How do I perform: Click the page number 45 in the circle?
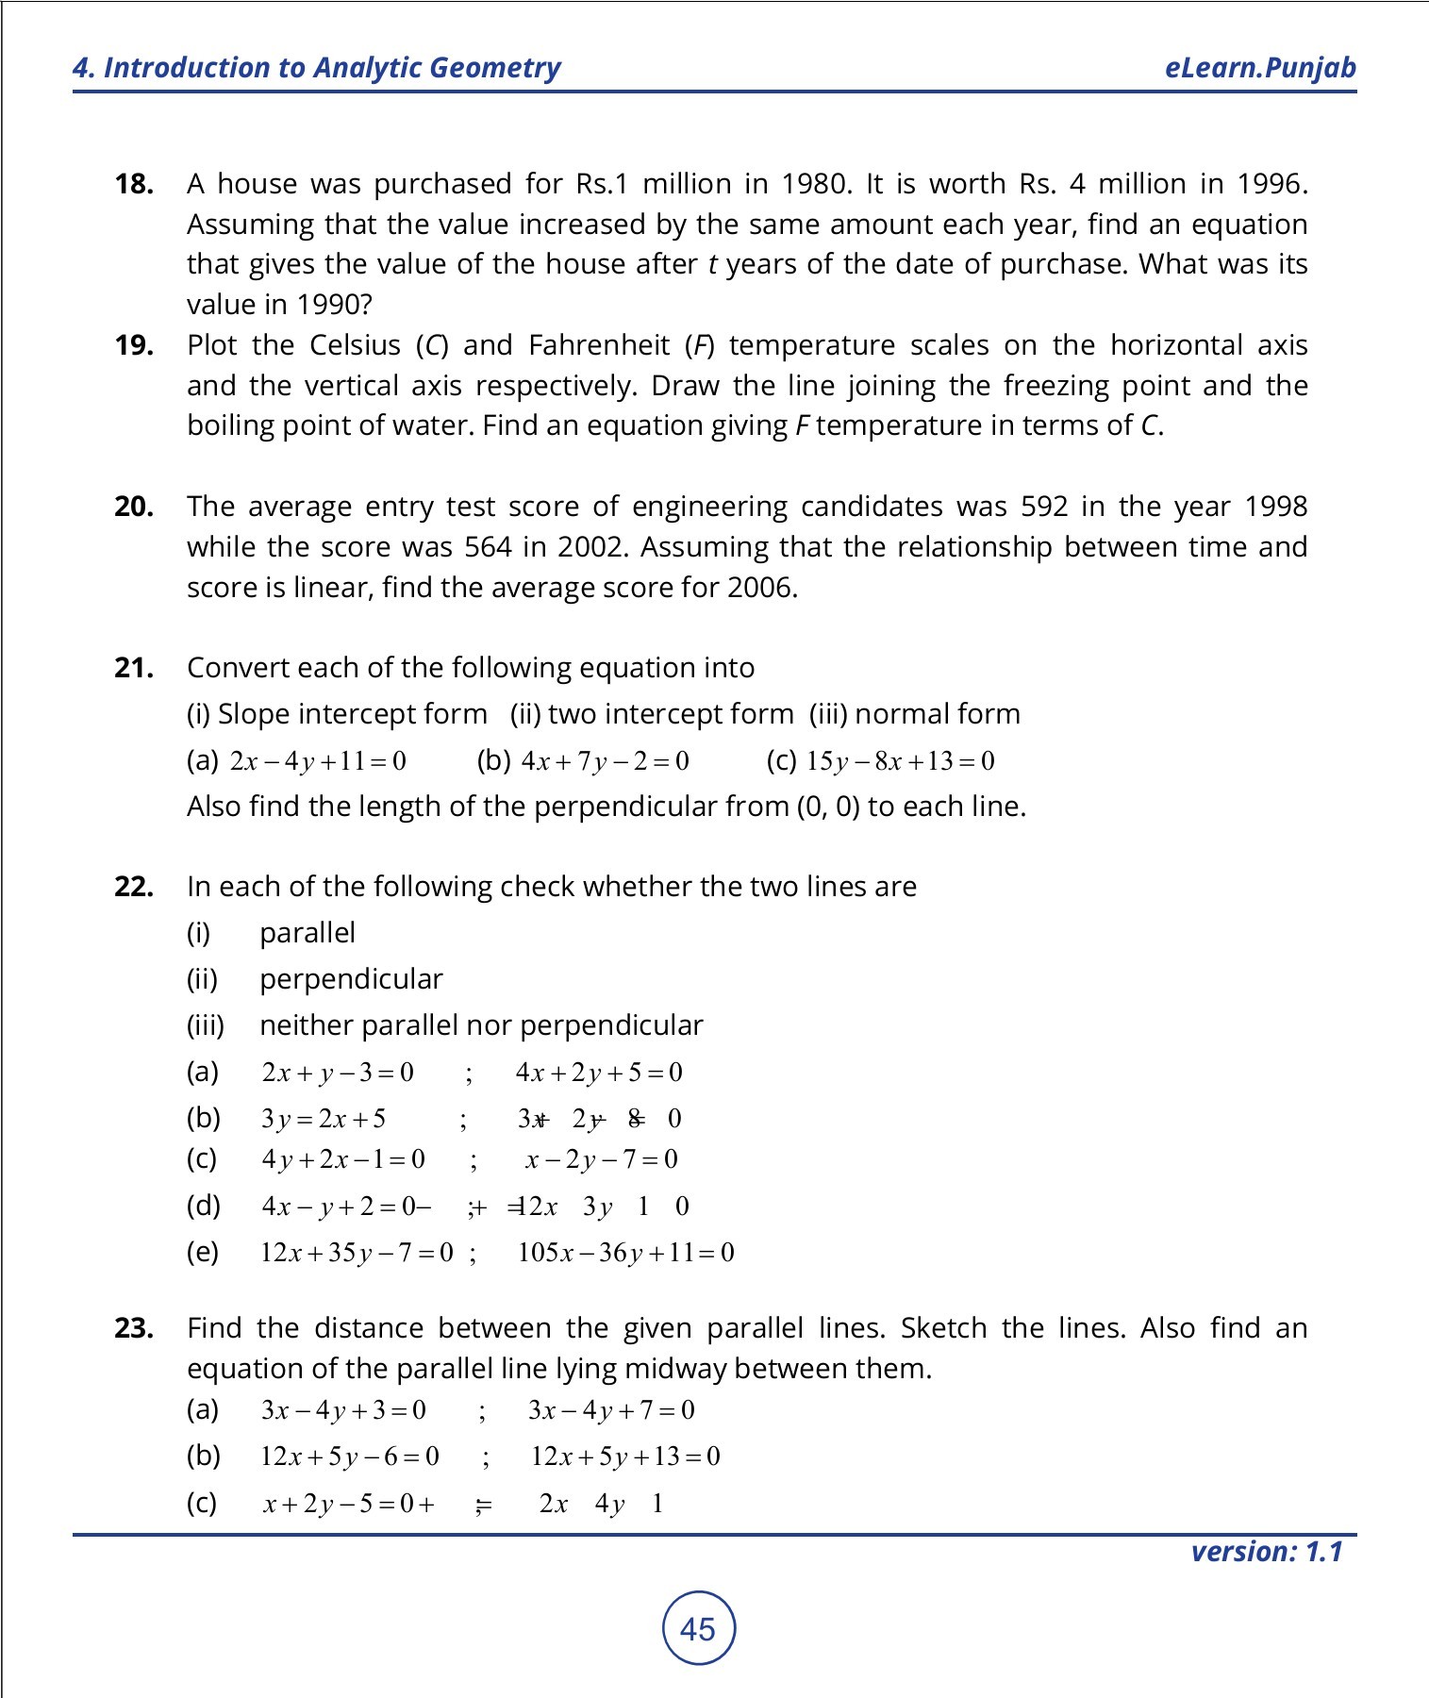click(698, 1629)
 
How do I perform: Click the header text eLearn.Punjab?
click(1260, 68)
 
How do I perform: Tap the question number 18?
click(134, 184)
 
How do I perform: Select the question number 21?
click(134, 668)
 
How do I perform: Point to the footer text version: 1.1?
click(1266, 1552)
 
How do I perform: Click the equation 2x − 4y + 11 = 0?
click(318, 761)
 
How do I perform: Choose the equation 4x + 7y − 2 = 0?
click(605, 761)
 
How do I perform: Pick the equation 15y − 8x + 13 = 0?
click(900, 761)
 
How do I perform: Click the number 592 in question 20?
click(1044, 507)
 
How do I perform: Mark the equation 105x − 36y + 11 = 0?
click(625, 1253)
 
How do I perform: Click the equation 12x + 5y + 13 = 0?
click(625, 1457)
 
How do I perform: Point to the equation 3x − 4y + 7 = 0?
click(611, 1410)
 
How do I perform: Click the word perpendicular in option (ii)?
click(351, 979)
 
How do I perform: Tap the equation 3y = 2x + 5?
click(324, 1119)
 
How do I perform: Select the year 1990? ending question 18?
click(334, 305)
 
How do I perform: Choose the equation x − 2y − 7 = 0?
click(601, 1159)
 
